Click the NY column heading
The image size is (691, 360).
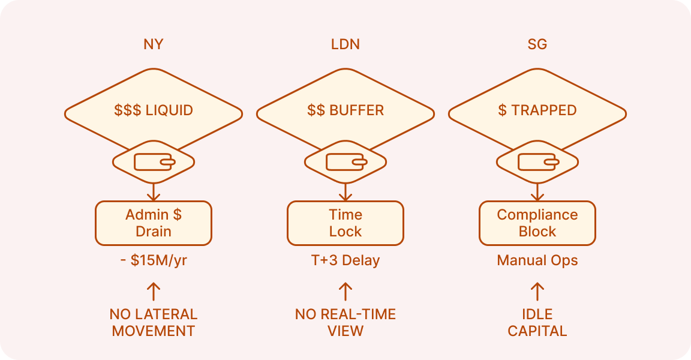pyautogui.click(x=154, y=45)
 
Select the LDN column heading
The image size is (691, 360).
pyautogui.click(x=345, y=45)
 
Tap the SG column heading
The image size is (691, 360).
pyautogui.click(x=537, y=45)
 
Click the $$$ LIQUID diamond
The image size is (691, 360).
pyautogui.click(x=154, y=110)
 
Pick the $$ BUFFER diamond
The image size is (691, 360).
pyautogui.click(x=345, y=110)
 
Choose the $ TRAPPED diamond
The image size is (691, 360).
pyautogui.click(x=537, y=110)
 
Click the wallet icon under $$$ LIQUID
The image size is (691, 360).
pyautogui.click(x=154, y=162)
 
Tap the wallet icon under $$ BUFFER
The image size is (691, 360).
pyautogui.click(x=345, y=162)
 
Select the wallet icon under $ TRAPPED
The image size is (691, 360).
pyautogui.click(x=537, y=162)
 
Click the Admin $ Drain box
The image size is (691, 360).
pyautogui.click(x=154, y=223)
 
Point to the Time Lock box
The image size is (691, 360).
pyautogui.click(x=345, y=223)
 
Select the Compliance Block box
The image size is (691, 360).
pyautogui.click(x=537, y=223)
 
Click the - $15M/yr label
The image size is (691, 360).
pyautogui.click(x=154, y=261)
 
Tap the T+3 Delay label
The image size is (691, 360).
pyautogui.click(x=345, y=261)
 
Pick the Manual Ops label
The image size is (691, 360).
pyautogui.click(x=537, y=261)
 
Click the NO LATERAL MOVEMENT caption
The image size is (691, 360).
pyautogui.click(x=154, y=322)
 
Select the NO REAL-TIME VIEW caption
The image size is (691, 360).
pyautogui.click(x=345, y=322)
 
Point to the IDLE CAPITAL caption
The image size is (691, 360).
pyautogui.click(x=537, y=322)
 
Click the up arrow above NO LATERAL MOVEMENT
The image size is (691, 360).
pyautogui.click(x=154, y=292)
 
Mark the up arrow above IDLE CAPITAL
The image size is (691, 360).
pyautogui.click(x=537, y=292)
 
